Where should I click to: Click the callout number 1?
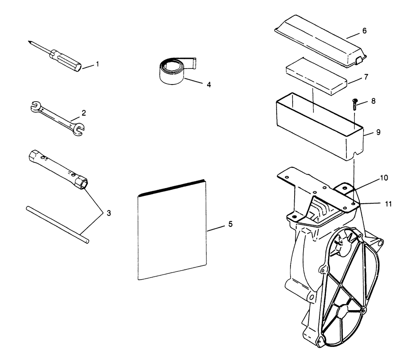pos(98,64)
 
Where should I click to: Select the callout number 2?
pos(84,112)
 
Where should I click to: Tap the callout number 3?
pos(109,213)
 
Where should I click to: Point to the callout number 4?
pos(208,85)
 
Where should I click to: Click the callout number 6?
pos(364,31)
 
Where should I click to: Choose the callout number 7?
pos(366,77)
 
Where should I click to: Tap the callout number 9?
pos(378,132)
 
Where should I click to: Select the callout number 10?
pos(384,178)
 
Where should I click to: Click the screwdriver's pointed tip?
pos(30,41)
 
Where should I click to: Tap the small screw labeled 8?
pos(355,104)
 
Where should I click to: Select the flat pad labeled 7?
pos(317,77)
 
